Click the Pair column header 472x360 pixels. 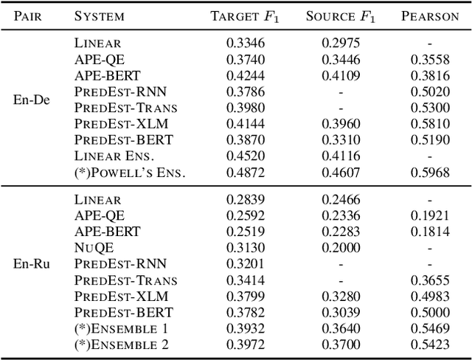[x=32, y=15]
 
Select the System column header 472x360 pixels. [x=100, y=15]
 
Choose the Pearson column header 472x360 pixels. [x=429, y=15]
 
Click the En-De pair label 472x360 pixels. [x=32, y=100]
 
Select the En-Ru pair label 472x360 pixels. [x=32, y=263]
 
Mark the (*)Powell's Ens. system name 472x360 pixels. [x=129, y=173]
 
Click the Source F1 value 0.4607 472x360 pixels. [x=339, y=173]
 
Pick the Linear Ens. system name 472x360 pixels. [x=113, y=156]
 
